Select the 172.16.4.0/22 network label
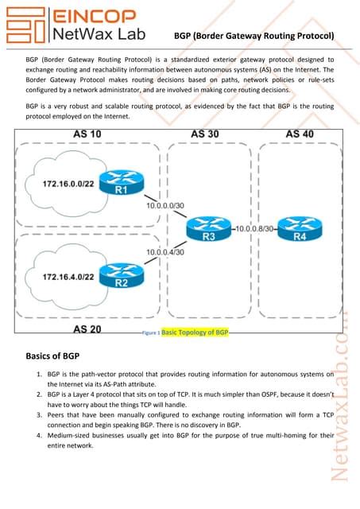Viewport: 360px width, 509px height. (69, 276)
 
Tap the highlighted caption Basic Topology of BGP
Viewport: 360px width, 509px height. (195, 333)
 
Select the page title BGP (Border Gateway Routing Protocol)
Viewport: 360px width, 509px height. (253, 36)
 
